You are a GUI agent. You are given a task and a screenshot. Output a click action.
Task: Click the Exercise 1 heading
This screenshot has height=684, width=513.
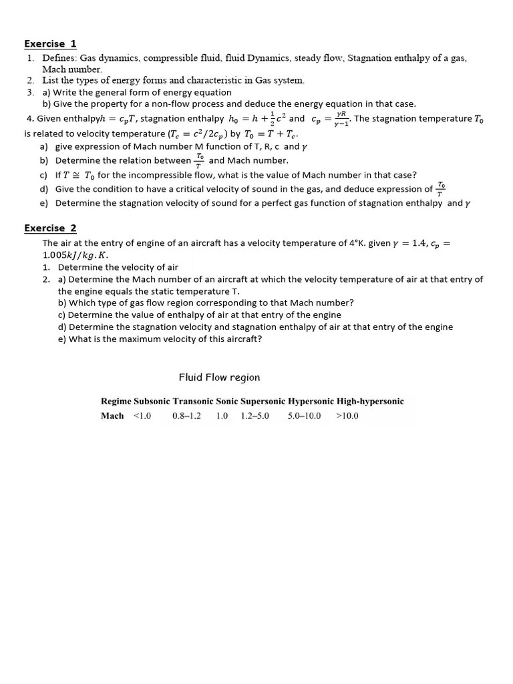50,44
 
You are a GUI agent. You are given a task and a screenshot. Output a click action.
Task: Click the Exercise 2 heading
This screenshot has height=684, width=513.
50,228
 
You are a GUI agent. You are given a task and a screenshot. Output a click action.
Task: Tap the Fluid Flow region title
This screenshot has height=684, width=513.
219,377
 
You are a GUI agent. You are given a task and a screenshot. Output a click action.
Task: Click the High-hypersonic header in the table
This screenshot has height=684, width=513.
370,401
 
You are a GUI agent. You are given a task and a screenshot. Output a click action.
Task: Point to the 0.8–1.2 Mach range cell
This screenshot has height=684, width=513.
186,415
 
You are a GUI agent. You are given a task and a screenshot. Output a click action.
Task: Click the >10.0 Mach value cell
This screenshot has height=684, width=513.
347,415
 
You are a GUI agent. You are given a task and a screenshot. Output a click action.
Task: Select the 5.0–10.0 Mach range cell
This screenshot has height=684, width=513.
304,415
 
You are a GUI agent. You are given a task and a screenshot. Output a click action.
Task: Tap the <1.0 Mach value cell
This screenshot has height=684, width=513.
142,415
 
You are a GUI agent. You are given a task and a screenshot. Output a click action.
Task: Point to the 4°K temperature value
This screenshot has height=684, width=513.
357,243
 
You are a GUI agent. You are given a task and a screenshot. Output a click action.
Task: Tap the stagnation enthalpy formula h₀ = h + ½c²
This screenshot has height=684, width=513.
254,119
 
